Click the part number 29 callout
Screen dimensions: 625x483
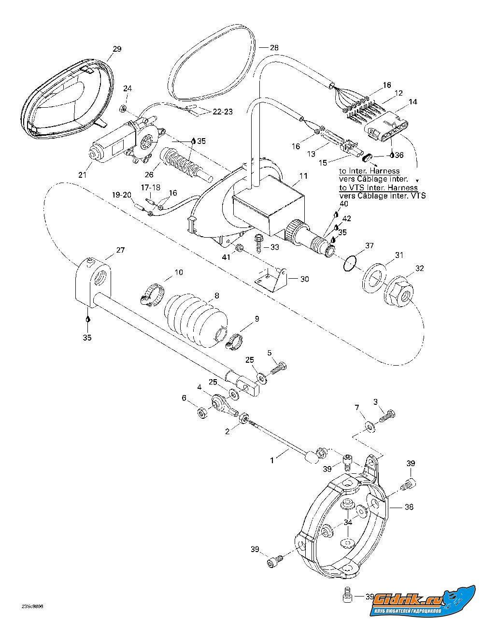pos(117,49)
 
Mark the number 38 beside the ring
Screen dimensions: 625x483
pos(409,507)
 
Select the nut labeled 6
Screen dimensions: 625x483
pos(202,414)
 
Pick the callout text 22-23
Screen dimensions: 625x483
pos(223,112)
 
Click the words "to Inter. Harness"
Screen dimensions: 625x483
pos(369,171)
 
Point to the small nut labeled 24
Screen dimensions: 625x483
pos(123,109)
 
